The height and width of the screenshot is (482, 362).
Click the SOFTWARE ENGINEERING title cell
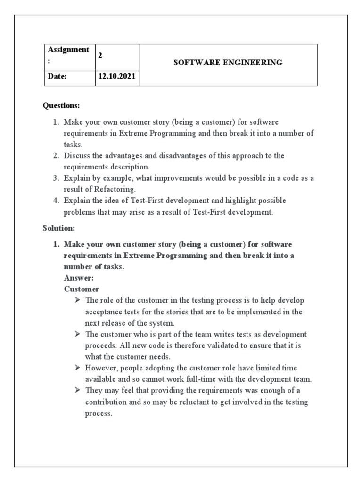(x=228, y=63)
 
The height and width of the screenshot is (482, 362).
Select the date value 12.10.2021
(x=116, y=77)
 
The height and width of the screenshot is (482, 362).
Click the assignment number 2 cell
(x=100, y=55)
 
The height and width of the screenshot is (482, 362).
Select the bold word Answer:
(x=79, y=278)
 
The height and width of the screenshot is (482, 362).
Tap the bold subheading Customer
(x=82, y=289)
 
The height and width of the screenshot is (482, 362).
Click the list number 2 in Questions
(x=56, y=155)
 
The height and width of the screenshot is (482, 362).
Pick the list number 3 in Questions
(x=56, y=178)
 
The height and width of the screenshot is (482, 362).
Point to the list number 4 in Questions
(x=56, y=201)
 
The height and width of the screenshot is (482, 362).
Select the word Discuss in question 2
(x=76, y=155)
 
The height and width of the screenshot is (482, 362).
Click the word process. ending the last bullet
(x=99, y=413)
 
